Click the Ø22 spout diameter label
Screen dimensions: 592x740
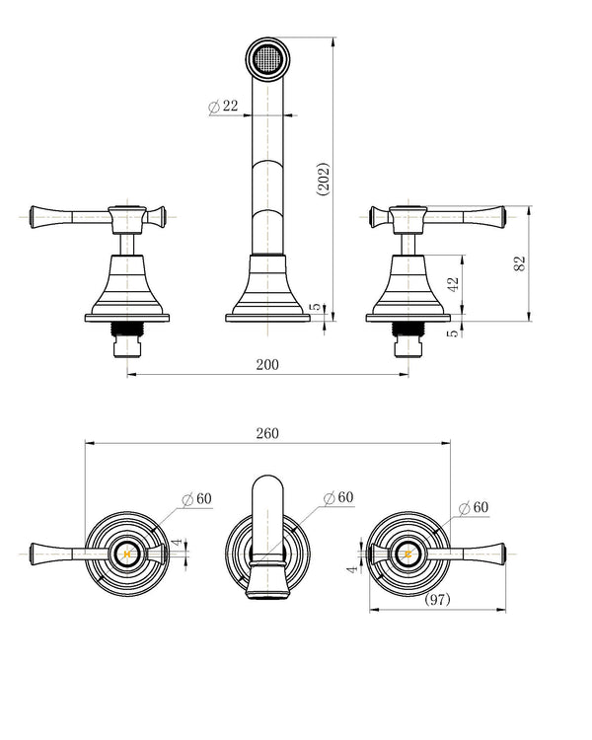(223, 106)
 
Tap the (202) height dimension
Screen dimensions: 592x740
(324, 180)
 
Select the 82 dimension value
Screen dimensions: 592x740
(519, 263)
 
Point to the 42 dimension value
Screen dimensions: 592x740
(453, 284)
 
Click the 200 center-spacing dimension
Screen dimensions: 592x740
(267, 364)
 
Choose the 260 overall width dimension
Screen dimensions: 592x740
(267, 433)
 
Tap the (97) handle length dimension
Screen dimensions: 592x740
(438, 599)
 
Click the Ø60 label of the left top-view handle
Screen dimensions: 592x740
(197, 498)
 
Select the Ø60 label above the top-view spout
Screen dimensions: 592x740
(338, 497)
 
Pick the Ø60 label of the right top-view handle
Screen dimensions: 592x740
(474, 507)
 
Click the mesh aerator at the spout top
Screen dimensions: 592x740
(267, 58)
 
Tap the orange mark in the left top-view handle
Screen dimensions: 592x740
(126, 555)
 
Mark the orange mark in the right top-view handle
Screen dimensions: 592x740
(408, 555)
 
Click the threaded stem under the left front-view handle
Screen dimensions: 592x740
(126, 329)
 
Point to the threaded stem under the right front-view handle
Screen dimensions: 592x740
(408, 329)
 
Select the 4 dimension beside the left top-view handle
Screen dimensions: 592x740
(177, 543)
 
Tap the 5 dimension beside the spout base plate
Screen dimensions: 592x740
(315, 306)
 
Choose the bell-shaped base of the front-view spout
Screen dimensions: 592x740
(267, 284)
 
